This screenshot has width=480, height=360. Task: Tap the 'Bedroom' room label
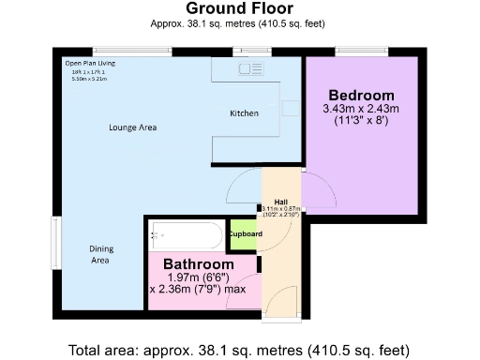(361, 97)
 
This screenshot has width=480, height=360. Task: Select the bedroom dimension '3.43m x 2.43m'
(361, 110)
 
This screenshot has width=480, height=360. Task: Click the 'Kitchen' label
(244, 113)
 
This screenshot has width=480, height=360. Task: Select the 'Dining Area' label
(100, 254)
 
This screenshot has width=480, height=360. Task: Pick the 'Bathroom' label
(199, 264)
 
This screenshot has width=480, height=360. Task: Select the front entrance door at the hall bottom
(281, 305)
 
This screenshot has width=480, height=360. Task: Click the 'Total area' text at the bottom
(240, 351)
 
